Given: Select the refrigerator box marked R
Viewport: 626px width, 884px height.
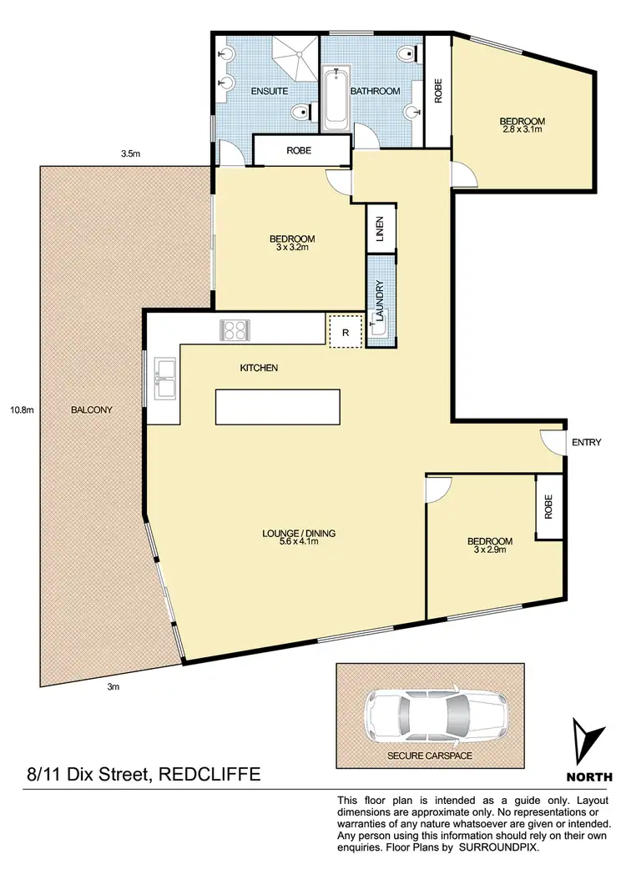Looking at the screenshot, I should pos(346,332).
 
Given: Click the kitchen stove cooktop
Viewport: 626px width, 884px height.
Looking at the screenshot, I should pos(235,329).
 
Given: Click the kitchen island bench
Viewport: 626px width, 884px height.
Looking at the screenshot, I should pos(278,407).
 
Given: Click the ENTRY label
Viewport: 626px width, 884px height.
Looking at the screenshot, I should pos(586,443).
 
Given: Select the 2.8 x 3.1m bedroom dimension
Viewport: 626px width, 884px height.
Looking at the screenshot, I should pos(523,129).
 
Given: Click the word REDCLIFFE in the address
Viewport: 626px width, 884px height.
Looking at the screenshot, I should pos(207,775).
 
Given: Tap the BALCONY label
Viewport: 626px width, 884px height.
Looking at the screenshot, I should pos(91,409).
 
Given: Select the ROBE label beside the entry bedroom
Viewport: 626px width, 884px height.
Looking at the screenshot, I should pos(548,507).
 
